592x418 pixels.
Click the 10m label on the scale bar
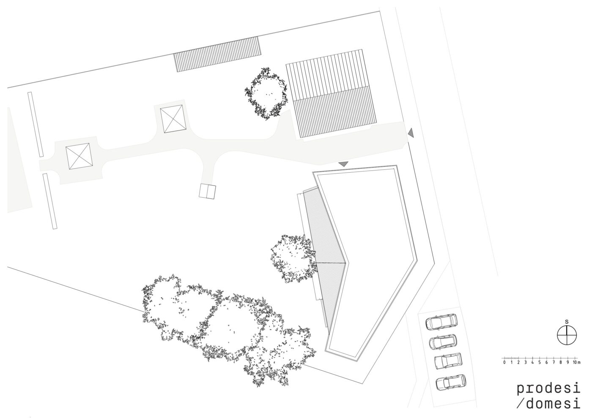(577, 362)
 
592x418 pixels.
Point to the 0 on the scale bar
(504, 362)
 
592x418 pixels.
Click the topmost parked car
(441, 322)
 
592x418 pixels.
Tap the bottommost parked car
(451, 383)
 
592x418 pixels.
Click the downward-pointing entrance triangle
(343, 164)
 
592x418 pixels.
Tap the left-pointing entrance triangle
(411, 133)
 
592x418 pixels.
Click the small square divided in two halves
(207, 191)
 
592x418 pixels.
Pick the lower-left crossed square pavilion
(79, 157)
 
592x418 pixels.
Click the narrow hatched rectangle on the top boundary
(217, 54)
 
